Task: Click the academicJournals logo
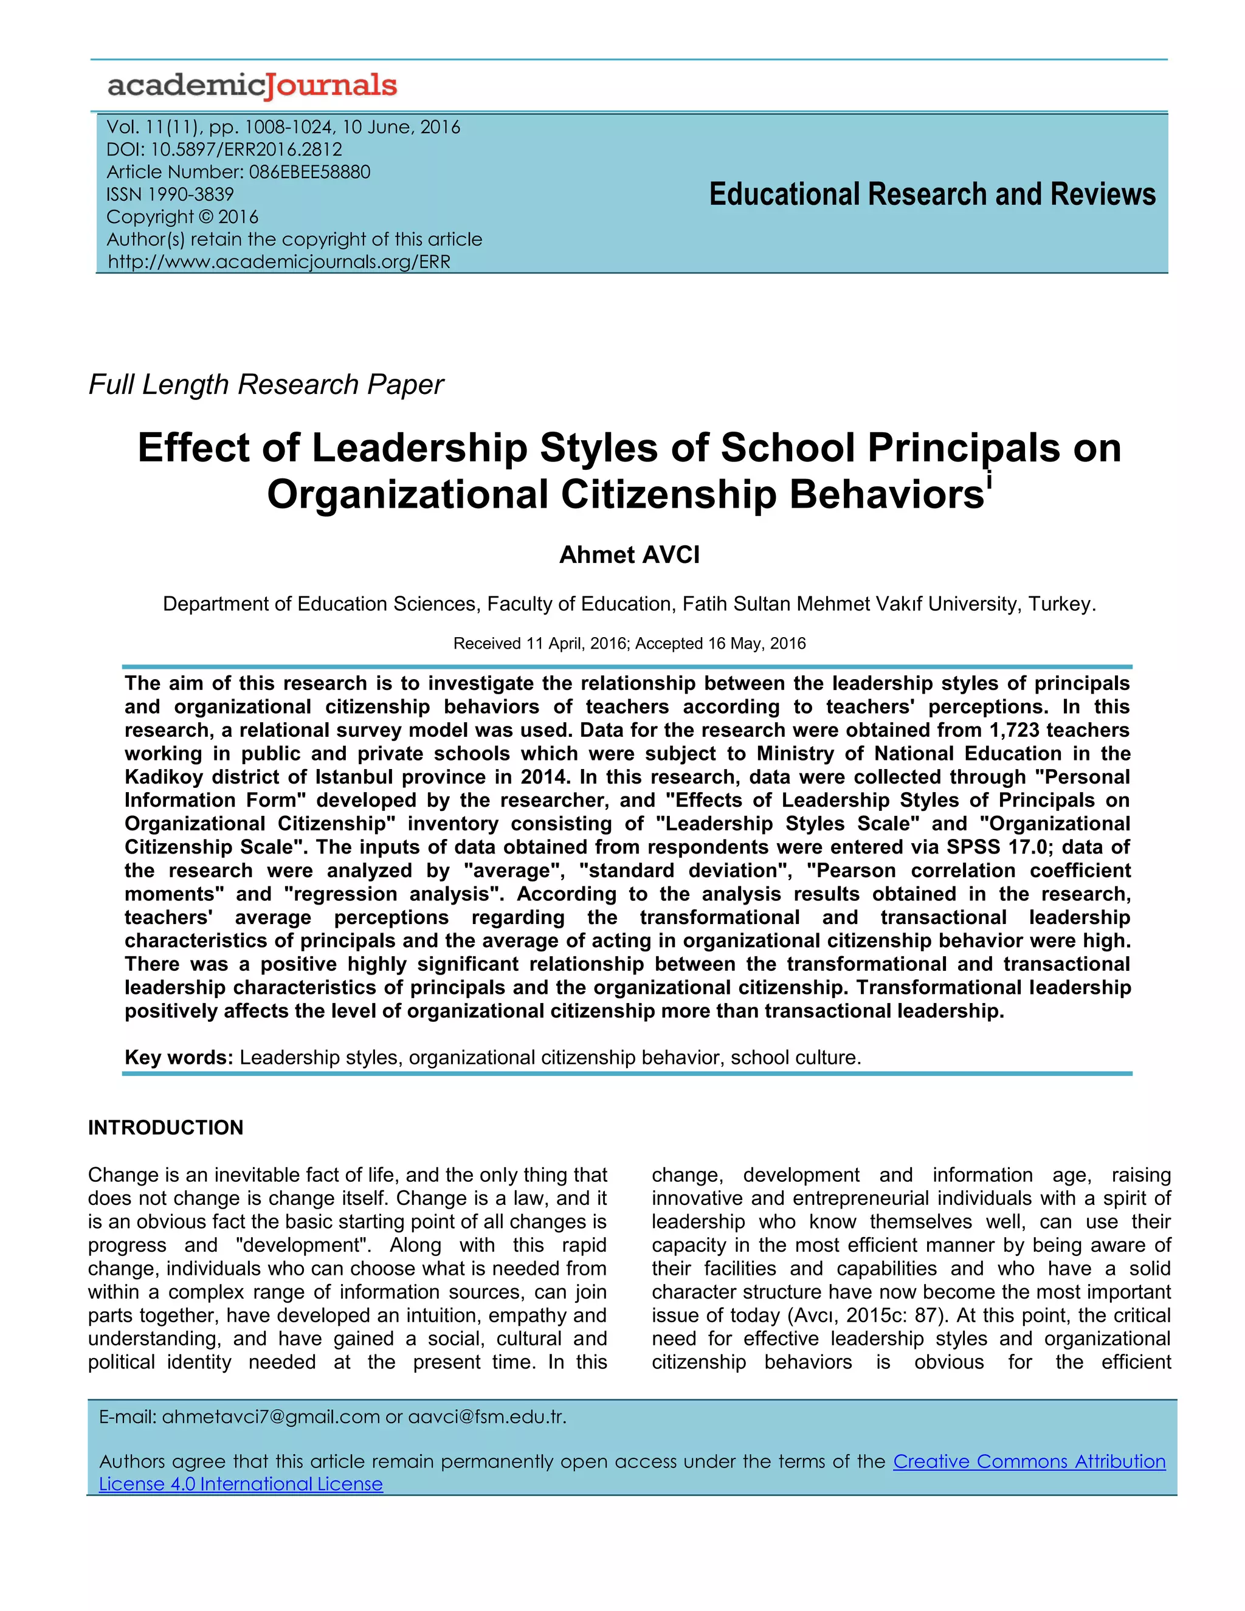252,86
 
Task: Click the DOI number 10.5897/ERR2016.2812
246,150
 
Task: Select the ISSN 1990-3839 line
170,195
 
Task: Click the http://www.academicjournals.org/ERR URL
279,262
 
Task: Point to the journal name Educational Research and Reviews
933,195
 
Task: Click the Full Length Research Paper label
266,385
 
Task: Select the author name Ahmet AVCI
629,554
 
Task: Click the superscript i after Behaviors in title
989,481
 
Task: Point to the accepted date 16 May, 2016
757,644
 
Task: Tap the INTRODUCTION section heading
165,1128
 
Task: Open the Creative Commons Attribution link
1029,1462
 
